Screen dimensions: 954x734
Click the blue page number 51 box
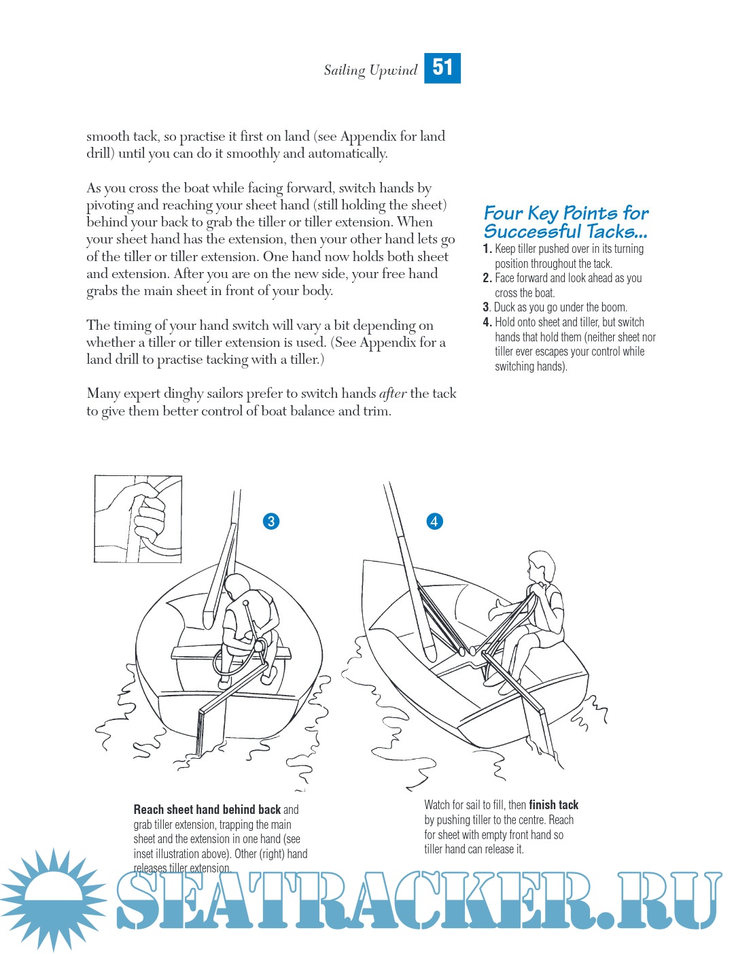[x=442, y=68]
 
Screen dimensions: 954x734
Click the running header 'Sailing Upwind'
[x=370, y=70]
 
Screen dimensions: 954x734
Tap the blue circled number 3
[x=271, y=522]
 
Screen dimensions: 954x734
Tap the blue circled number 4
[x=434, y=522]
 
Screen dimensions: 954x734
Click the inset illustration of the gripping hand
[x=138, y=519]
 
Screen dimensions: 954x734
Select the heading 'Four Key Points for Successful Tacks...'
[x=565, y=222]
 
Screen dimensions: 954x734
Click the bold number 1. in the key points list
[x=487, y=249]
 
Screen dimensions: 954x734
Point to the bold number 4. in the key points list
[x=487, y=322]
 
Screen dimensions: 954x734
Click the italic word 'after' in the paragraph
[x=393, y=394]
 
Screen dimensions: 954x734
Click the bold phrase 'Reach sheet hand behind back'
[x=207, y=810]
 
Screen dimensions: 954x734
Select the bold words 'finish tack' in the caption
[x=554, y=805]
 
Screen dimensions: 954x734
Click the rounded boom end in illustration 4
[x=430, y=653]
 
